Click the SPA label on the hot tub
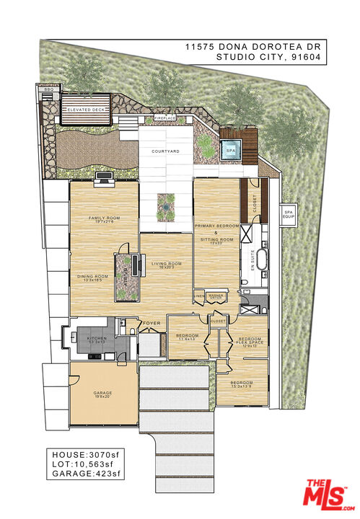(x=231, y=151)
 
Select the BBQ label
(x=49, y=89)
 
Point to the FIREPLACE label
(x=165, y=118)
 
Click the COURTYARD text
(x=164, y=151)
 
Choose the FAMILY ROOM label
(x=103, y=218)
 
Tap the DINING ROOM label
(x=94, y=277)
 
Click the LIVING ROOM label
(x=167, y=264)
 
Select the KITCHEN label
(x=97, y=337)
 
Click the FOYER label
(x=151, y=323)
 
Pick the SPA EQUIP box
(x=289, y=213)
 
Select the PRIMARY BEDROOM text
(x=216, y=226)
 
